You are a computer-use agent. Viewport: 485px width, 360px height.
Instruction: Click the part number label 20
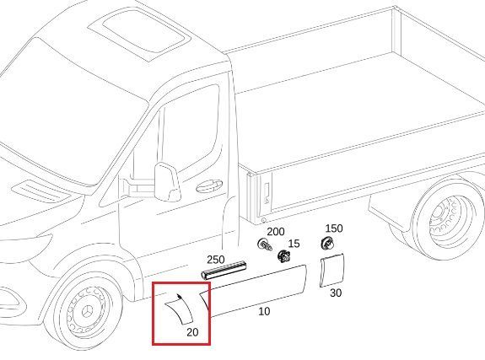coord(192,332)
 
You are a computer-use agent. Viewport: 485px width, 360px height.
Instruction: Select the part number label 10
coord(264,311)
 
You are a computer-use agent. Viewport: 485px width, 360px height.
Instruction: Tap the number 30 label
coord(336,293)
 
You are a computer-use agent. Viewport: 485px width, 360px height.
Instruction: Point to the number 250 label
coord(216,260)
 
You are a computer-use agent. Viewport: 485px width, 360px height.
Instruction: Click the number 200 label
coord(276,232)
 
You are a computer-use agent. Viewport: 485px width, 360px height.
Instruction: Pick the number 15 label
coord(294,244)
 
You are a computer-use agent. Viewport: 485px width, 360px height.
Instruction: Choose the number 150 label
coord(334,228)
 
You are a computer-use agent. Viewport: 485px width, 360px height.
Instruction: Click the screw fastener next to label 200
coord(265,244)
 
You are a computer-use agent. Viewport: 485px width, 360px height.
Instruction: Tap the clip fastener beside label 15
coord(284,256)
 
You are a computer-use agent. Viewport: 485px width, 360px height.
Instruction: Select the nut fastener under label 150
coord(327,244)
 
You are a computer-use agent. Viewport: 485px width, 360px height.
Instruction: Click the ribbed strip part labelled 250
coord(224,270)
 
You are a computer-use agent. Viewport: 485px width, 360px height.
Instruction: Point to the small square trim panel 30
coord(331,271)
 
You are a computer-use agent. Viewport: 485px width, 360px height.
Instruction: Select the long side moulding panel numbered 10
coord(254,291)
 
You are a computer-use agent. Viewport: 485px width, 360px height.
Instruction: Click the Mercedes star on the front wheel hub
coord(87,311)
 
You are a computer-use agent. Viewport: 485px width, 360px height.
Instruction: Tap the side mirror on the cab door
coord(167,182)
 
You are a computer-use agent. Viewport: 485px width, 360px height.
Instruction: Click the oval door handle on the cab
coord(209,185)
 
